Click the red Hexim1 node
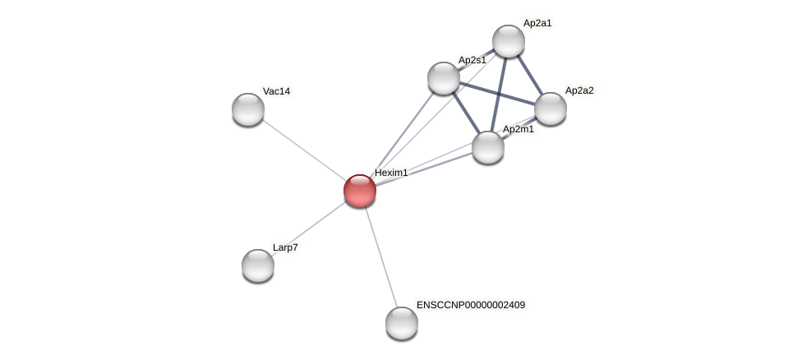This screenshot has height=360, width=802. tap(360, 191)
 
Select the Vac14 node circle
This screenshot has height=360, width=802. tap(248, 109)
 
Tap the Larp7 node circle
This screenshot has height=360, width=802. tap(258, 265)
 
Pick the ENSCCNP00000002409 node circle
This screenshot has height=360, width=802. tap(402, 322)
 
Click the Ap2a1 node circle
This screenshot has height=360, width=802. tap(509, 41)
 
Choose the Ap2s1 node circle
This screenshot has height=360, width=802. tap(444, 78)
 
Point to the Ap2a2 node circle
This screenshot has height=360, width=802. tap(551, 108)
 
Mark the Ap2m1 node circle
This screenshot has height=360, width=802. tap(488, 147)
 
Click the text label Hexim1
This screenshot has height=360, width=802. tap(391, 173)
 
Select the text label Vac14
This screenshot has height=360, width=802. tap(276, 91)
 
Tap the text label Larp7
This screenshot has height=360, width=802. tap(285, 247)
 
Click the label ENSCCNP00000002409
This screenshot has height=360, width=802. tap(470, 305)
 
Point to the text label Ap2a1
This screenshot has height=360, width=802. tap(537, 23)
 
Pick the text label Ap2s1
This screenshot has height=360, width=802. tap(472, 60)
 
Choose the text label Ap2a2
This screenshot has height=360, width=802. tap(578, 90)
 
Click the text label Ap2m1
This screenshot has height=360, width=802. tap(518, 129)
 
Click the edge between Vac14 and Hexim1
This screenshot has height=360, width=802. tap(302, 149)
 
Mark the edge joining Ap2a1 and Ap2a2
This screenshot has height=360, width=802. tap(530, 75)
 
